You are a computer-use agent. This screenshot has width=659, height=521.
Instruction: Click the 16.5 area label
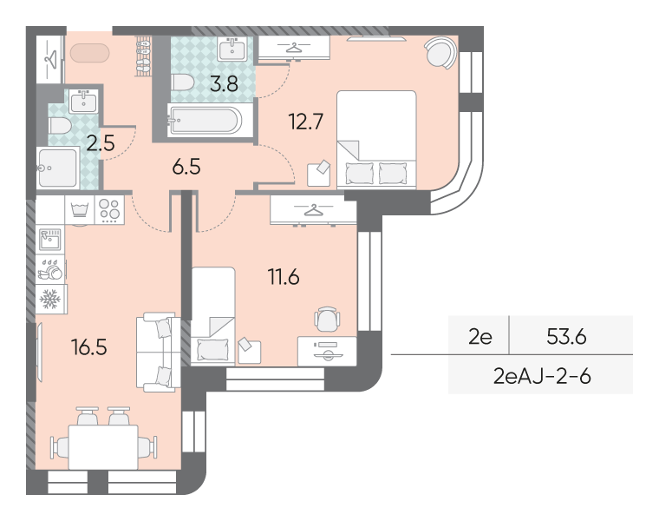click(x=89, y=347)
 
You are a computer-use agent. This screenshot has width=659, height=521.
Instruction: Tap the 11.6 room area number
click(x=284, y=277)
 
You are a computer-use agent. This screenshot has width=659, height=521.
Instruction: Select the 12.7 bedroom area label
click(x=305, y=122)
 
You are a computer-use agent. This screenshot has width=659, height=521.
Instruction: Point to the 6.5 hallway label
click(x=186, y=167)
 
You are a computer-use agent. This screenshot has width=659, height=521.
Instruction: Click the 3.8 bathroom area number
click(x=224, y=83)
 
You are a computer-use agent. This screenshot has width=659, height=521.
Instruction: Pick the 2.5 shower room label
click(x=101, y=143)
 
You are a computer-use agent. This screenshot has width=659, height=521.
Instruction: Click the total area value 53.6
click(x=566, y=337)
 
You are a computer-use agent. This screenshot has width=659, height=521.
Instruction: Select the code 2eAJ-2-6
click(x=542, y=376)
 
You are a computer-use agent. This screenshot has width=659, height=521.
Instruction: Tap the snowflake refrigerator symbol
click(x=50, y=300)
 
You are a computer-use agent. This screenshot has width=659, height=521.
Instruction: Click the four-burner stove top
click(x=109, y=210)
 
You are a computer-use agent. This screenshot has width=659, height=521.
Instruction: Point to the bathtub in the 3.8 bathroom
click(x=206, y=121)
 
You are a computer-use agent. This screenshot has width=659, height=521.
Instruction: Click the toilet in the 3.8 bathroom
click(x=182, y=82)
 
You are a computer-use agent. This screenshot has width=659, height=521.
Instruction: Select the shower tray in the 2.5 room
click(x=57, y=168)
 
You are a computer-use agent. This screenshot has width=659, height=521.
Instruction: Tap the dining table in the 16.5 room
click(x=103, y=447)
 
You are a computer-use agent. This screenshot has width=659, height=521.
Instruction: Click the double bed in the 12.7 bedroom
click(x=376, y=139)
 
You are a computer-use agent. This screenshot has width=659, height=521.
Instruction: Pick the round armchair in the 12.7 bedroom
click(x=440, y=53)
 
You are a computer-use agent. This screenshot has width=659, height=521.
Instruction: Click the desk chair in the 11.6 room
click(x=327, y=319)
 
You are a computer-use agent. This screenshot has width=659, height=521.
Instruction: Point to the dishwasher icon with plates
click(x=50, y=269)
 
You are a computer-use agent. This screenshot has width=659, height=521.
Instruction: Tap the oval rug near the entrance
click(x=90, y=53)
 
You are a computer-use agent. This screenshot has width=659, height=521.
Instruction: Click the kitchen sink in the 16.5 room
click(x=50, y=240)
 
